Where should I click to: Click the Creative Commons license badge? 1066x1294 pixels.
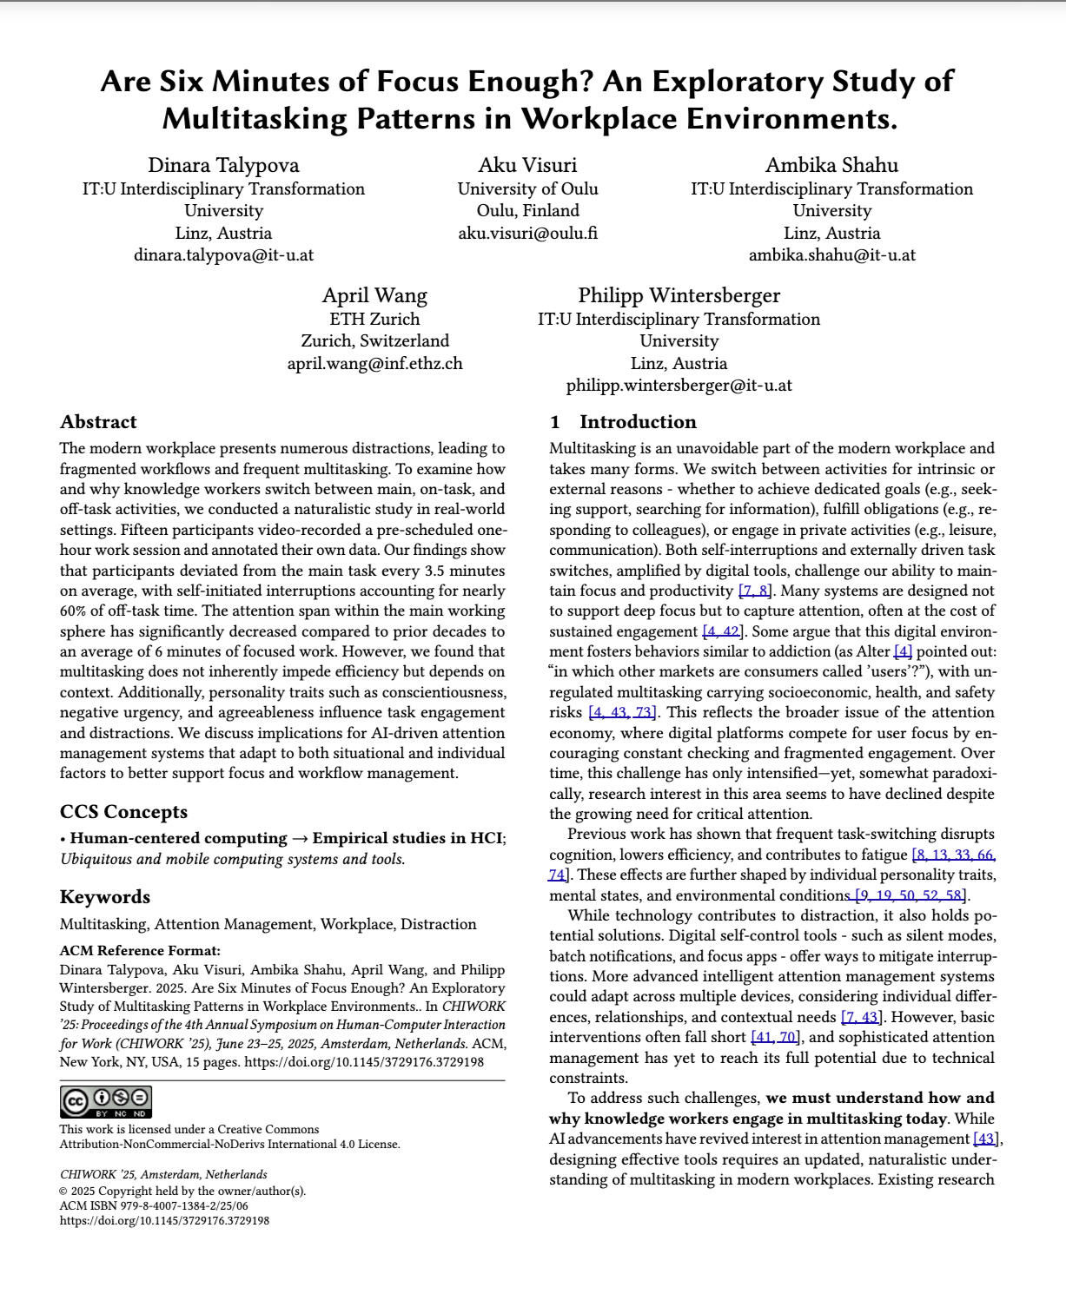[x=106, y=1101]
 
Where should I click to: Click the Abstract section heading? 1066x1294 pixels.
[x=98, y=422]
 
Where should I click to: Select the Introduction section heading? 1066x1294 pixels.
[x=623, y=422]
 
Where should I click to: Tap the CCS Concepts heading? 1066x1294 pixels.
[x=123, y=812]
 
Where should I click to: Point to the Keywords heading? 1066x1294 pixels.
[x=104, y=897]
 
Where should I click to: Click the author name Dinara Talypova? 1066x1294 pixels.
[x=223, y=165]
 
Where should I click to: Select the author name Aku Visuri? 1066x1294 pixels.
[x=527, y=165]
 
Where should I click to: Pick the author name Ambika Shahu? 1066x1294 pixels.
[x=831, y=165]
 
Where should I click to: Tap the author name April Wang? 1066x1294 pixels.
[x=374, y=295]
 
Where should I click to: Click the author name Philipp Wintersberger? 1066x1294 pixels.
[x=679, y=295]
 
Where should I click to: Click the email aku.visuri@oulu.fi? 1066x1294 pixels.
[x=527, y=233]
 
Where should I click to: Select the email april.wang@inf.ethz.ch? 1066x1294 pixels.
[x=374, y=363]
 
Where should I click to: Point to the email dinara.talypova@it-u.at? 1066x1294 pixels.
[x=223, y=255]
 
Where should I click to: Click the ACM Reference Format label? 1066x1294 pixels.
[x=140, y=950]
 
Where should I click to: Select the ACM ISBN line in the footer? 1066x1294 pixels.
[x=154, y=1205]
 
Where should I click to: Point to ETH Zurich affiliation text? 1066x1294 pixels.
[x=374, y=319]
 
